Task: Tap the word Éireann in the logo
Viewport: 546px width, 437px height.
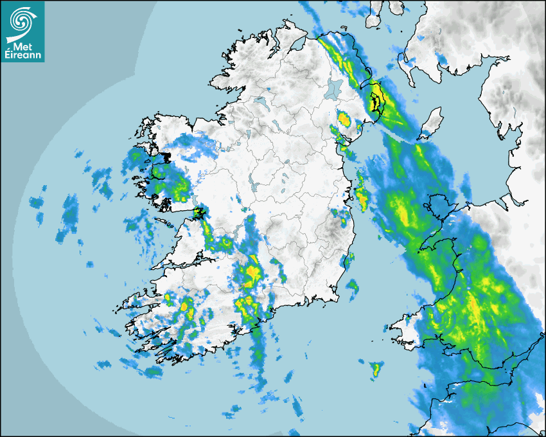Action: pyautogui.click(x=24, y=56)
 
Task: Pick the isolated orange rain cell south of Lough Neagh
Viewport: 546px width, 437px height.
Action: pyautogui.click(x=344, y=119)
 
